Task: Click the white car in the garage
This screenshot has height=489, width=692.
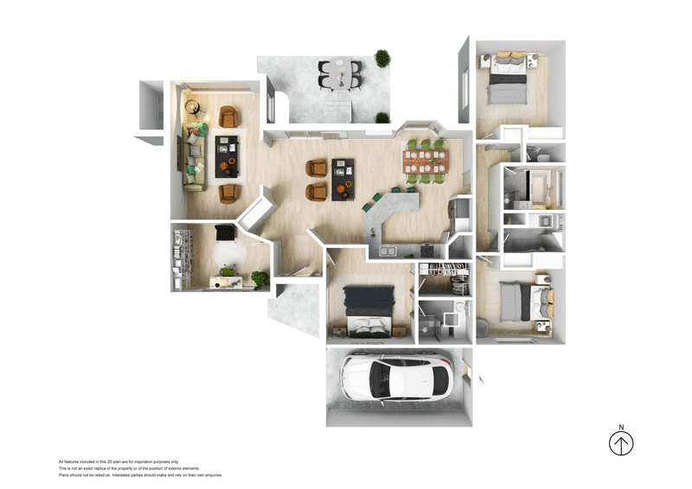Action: (398, 378)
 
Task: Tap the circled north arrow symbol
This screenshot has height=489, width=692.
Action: (621, 444)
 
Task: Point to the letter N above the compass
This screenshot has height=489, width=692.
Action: (621, 427)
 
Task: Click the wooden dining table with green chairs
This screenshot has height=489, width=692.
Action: (426, 161)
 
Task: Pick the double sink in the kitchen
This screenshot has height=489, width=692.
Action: (387, 251)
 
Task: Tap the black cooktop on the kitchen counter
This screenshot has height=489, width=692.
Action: (427, 250)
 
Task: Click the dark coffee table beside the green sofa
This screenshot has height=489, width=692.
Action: (227, 154)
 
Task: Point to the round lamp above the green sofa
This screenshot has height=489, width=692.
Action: (192, 108)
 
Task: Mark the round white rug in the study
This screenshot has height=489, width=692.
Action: (228, 254)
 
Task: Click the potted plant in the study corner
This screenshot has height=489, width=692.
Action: (258, 278)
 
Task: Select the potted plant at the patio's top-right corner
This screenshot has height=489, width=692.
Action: (381, 58)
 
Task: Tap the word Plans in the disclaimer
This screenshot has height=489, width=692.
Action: (65, 475)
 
